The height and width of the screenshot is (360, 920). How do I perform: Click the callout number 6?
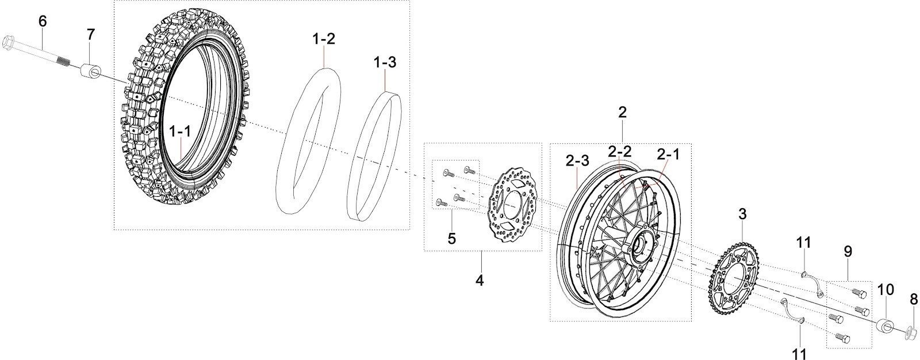pos(43,21)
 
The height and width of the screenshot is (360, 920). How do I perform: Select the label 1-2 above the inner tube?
pos(324,40)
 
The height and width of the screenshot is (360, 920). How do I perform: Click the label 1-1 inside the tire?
pos(180,132)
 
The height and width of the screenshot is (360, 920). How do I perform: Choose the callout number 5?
pos(452,238)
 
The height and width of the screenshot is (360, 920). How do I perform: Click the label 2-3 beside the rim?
pos(577,162)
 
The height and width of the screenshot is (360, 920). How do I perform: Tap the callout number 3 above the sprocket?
pos(742,215)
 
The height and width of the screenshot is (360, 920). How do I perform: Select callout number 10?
pos(885,290)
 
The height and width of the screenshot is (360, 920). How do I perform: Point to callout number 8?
pos(914,299)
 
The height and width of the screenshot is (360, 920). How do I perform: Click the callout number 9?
pos(848,251)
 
